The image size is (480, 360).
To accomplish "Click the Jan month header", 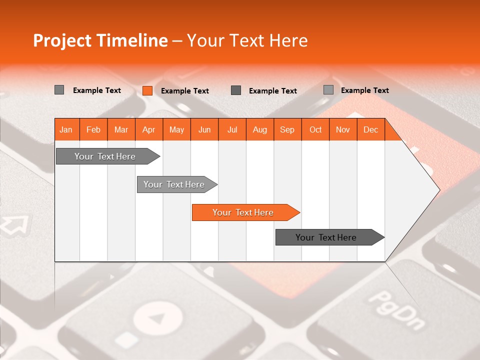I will pos(66,130).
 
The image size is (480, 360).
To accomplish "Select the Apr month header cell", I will pos(149,130).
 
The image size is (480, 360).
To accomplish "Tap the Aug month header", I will pos(260,130).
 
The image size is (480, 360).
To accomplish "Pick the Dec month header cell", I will pos(371,130).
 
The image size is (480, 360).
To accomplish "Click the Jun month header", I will pos(204,130).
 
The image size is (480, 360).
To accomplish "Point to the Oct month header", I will pos(315,130).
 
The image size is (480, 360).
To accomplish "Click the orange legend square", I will pos(147,90).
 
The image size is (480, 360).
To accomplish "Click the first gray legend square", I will pos(59,90).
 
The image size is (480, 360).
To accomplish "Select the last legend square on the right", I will pos(328,90).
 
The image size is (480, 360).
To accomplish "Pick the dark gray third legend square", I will pos(236,90).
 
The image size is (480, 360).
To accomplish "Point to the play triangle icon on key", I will pos(158,318).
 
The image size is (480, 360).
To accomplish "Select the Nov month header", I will pos(343,130).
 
